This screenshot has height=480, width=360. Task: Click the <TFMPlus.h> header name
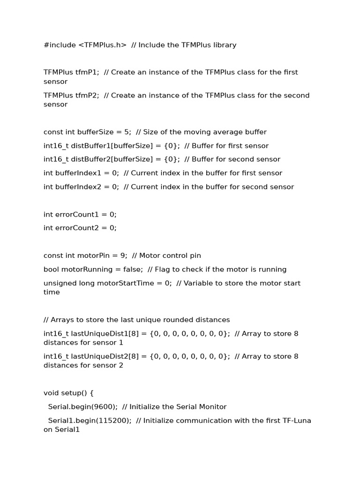coord(102,45)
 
